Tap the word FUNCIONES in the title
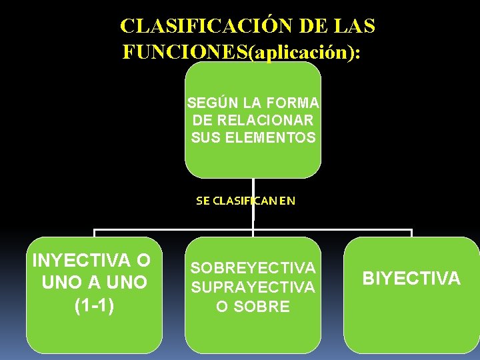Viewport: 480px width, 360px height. point(185,52)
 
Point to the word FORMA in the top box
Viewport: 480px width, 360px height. point(293,103)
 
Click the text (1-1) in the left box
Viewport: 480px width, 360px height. point(94,306)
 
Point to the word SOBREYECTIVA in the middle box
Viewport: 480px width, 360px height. point(253,268)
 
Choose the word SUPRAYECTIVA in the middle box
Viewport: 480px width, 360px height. point(253,287)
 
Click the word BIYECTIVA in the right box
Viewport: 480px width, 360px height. point(411,279)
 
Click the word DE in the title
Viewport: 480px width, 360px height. point(313,27)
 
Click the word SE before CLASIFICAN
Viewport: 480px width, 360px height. point(203,200)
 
